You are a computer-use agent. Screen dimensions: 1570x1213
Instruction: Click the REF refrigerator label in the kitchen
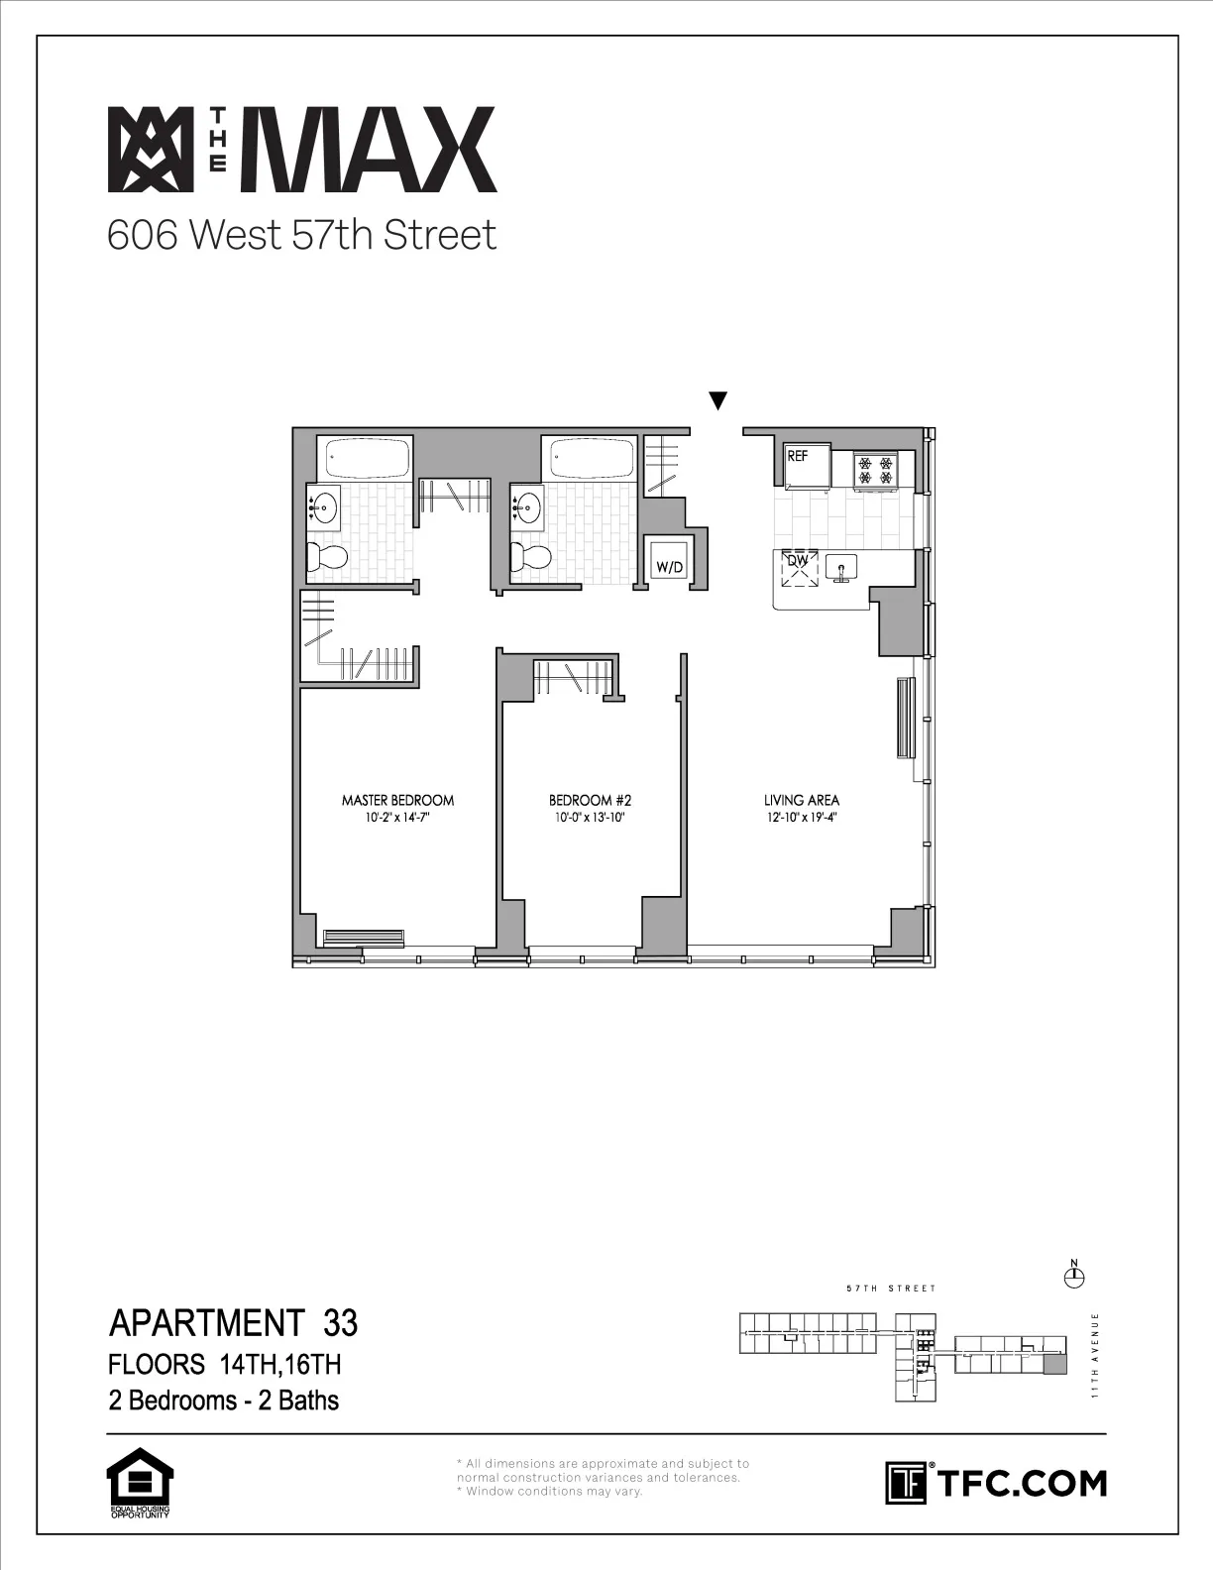pos(798,457)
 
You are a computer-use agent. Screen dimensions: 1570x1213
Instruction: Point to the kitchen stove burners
pos(876,469)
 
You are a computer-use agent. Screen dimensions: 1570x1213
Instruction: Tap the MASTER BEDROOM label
pos(397,800)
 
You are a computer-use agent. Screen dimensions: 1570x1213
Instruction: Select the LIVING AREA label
pos(802,800)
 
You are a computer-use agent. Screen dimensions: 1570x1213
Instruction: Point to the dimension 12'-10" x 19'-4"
pos(802,818)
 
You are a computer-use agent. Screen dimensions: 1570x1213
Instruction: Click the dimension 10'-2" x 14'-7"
pos(397,818)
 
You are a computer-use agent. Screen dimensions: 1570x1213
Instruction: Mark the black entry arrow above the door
pos(718,401)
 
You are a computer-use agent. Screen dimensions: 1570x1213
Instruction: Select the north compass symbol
pos(1073,1277)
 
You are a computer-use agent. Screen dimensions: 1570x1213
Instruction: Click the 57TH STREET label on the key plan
pos(891,1289)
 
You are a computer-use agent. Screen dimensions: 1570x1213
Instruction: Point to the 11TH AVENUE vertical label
pos(1094,1355)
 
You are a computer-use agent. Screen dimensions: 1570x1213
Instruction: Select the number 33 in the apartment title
pos(340,1323)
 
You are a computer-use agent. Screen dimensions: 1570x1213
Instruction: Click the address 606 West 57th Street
pos(301,236)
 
